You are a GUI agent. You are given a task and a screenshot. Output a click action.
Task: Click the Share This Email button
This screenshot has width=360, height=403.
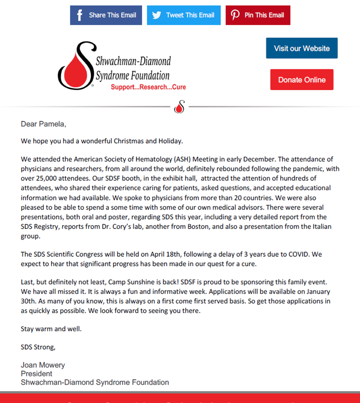tap(106, 15)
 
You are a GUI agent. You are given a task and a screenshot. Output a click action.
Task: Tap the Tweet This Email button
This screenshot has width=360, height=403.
tap(183, 15)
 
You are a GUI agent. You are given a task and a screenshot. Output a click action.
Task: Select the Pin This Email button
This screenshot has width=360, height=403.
tap(258, 15)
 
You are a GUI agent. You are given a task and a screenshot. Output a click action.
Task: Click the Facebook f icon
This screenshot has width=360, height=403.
tap(80, 15)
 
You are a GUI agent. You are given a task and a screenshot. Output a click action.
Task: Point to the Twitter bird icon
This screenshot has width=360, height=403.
tap(157, 15)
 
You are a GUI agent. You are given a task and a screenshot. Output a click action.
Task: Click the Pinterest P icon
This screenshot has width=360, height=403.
tap(235, 15)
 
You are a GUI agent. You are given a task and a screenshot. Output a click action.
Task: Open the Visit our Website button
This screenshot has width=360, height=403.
tap(302, 48)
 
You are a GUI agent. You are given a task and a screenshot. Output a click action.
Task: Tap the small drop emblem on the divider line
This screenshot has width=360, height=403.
tap(180, 107)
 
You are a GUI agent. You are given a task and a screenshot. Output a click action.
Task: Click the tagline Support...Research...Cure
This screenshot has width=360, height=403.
tap(148, 87)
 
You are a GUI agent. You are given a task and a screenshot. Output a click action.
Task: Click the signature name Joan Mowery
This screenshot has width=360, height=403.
tap(43, 365)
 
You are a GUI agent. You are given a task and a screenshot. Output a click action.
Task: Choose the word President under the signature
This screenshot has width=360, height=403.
tap(37, 374)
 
